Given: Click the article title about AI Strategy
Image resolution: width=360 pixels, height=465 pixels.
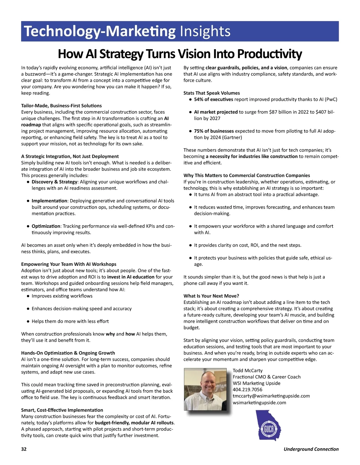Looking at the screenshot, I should [180, 54].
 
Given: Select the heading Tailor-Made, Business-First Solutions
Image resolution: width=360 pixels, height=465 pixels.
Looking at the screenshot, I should [61, 106].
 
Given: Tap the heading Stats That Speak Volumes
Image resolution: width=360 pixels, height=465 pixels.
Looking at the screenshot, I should [211, 93].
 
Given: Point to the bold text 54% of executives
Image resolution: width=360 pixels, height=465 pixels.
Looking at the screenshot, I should [213, 99].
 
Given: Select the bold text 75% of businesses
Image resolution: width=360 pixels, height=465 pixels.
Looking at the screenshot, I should [214, 131].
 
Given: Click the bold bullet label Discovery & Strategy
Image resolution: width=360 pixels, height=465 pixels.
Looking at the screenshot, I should [54, 182].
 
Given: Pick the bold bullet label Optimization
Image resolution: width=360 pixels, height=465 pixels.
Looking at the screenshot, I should [46, 226].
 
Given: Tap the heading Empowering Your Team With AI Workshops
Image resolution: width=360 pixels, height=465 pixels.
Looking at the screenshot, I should [69, 264].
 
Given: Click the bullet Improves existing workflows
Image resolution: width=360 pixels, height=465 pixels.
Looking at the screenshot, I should [62, 296].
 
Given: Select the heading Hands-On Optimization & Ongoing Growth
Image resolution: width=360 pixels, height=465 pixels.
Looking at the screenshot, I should [68, 353].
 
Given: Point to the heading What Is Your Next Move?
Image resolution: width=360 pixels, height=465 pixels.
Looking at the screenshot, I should [211, 296].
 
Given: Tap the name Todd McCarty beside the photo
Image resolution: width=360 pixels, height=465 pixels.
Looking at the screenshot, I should [247, 371].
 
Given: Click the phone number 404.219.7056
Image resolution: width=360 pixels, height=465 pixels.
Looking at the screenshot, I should [247, 390].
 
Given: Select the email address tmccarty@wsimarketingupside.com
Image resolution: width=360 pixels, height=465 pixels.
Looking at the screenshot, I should [271, 396].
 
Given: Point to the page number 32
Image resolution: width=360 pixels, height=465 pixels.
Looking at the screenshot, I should [24, 449].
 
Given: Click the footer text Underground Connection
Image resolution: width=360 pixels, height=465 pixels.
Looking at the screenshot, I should [311, 449].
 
